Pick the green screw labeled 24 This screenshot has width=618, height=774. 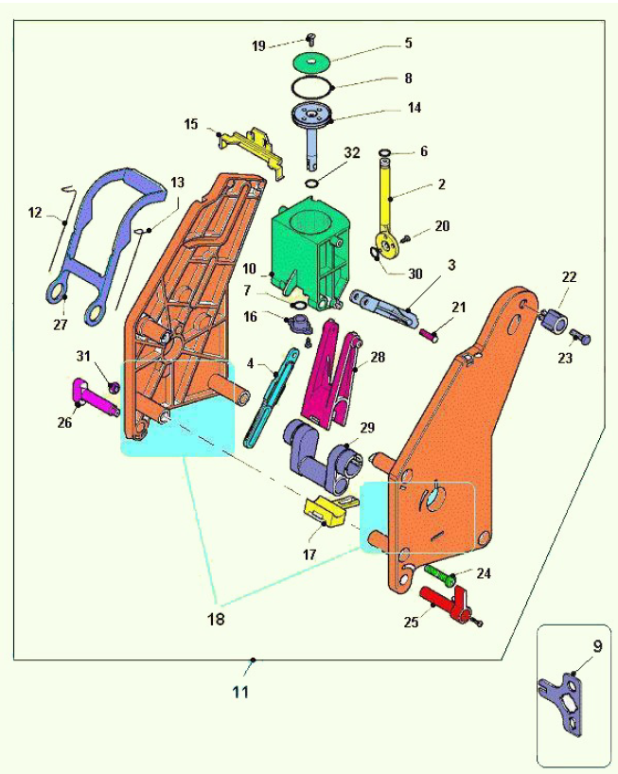[x=439, y=572]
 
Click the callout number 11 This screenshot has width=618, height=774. [x=240, y=692]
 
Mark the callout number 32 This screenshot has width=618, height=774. [x=352, y=151]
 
